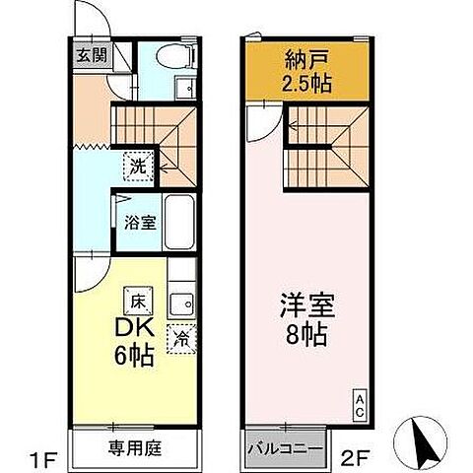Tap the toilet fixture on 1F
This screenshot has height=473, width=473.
pos(179,59)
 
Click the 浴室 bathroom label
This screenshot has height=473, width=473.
pos(139,222)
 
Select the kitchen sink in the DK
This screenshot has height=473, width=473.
pos(180,302)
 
